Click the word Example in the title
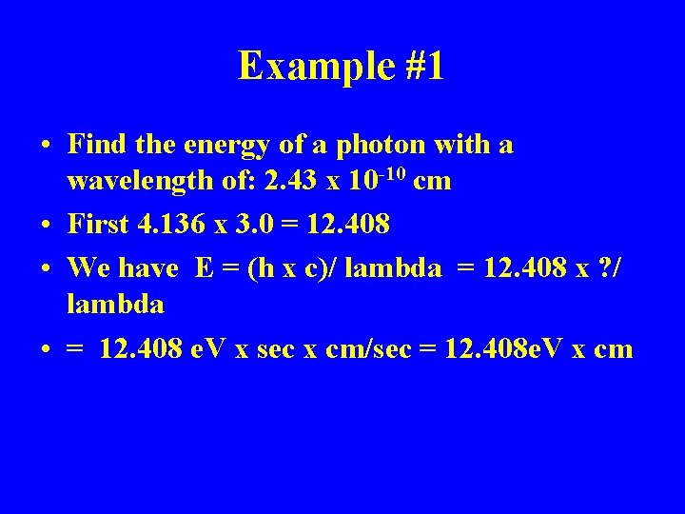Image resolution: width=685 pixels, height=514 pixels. (302, 66)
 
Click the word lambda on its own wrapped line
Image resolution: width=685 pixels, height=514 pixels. (116, 304)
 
